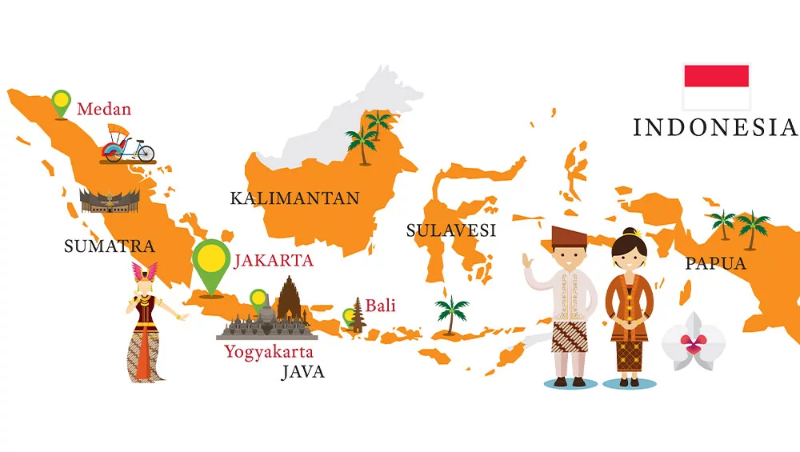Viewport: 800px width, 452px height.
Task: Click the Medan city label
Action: click(104, 109)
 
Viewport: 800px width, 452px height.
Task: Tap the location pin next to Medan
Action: click(61, 102)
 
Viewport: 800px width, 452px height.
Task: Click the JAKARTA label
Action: click(273, 261)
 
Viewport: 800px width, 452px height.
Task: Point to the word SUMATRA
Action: click(109, 246)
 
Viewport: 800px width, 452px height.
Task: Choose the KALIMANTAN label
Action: click(294, 198)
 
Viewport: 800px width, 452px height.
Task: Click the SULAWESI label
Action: click(451, 231)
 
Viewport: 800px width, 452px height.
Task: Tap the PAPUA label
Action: click(715, 263)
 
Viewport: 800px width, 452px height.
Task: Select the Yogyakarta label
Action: click(269, 351)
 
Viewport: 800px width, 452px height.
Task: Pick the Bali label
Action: click(381, 306)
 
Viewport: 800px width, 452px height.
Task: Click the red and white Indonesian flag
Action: click(716, 86)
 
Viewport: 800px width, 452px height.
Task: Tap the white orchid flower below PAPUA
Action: click(694, 342)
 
